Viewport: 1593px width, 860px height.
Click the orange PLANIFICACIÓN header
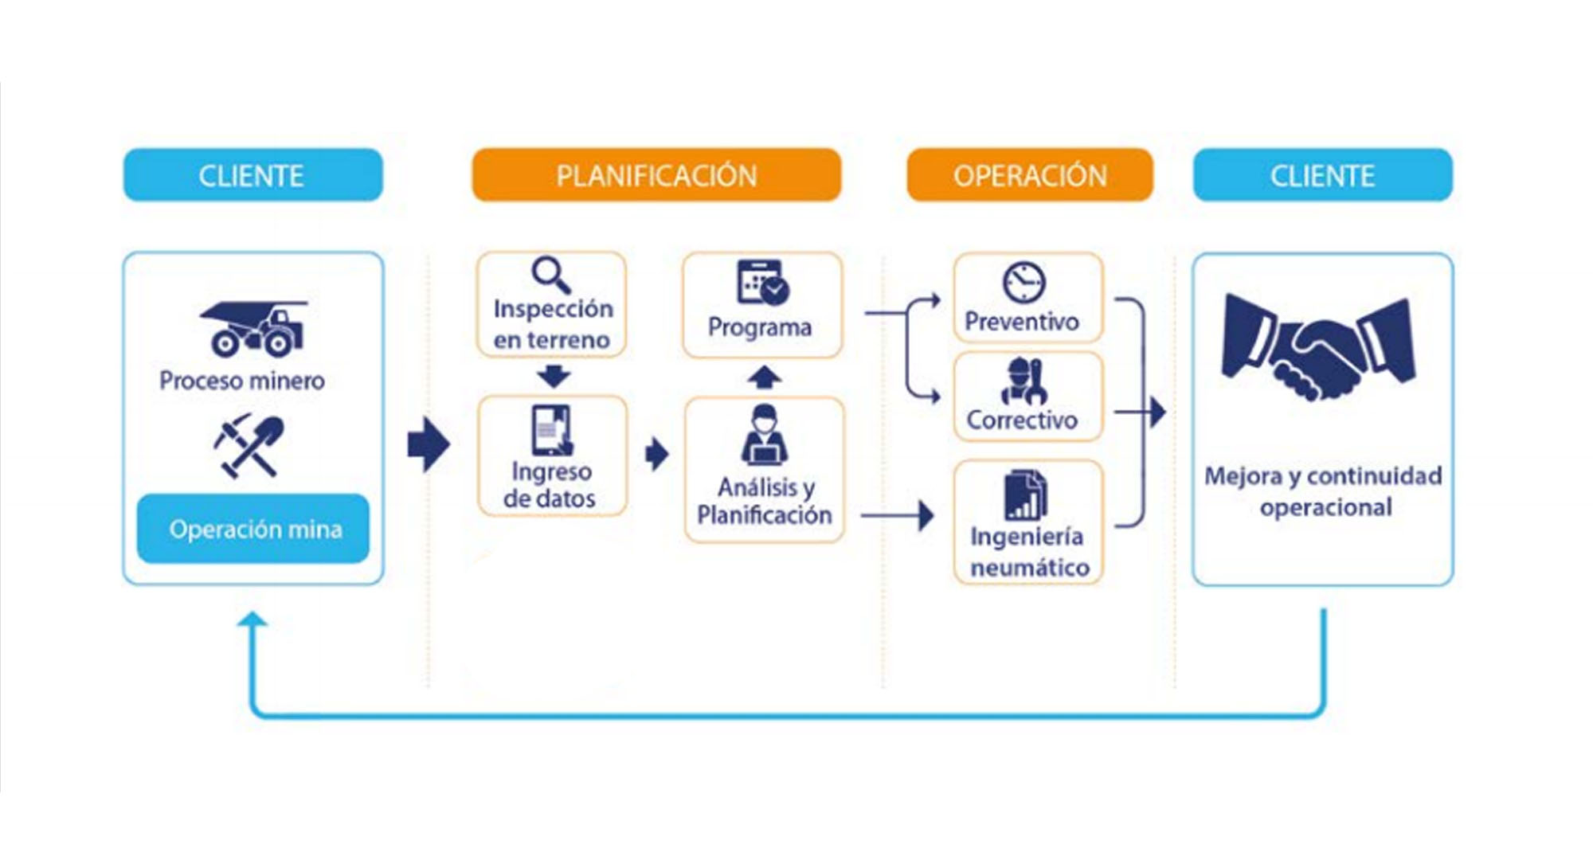(x=656, y=175)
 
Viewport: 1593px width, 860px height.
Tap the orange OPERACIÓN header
(x=1030, y=175)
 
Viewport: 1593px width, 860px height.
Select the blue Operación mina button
(x=253, y=529)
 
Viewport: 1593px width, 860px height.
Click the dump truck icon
(x=254, y=328)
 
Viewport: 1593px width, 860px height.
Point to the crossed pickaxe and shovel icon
(x=249, y=445)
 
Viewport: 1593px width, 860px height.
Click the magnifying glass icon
(x=551, y=275)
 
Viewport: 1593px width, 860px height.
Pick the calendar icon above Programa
(x=762, y=283)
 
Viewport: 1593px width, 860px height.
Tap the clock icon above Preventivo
(x=1024, y=282)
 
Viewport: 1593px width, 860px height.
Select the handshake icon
(x=1318, y=346)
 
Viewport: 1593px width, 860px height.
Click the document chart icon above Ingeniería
(x=1026, y=494)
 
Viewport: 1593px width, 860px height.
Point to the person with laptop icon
(x=765, y=435)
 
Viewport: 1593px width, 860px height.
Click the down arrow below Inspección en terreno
(x=554, y=375)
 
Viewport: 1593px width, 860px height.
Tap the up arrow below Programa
(x=764, y=377)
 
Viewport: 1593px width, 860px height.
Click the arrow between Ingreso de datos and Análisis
(x=656, y=454)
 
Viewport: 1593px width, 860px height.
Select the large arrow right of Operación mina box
(x=429, y=444)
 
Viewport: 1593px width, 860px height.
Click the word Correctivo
(x=1022, y=420)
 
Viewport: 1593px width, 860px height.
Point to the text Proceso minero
(x=242, y=381)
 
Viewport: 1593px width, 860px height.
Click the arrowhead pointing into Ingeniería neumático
(x=926, y=515)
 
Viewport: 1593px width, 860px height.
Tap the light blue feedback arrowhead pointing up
(x=252, y=620)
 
